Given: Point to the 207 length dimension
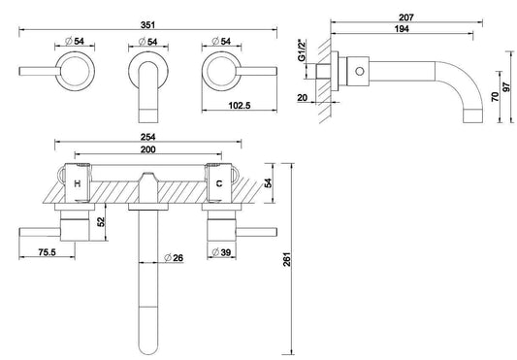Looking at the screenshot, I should pos(407,16).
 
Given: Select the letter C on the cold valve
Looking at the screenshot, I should pos(218,181).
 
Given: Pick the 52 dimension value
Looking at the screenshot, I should pos(102,222).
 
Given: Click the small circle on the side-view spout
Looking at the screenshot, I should pos(360,72).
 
